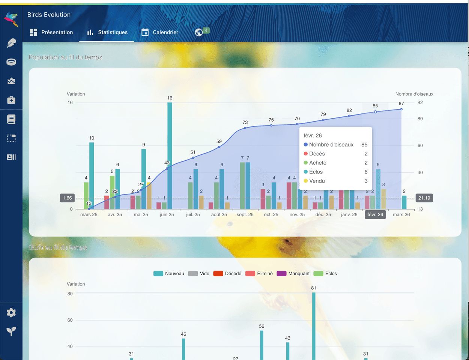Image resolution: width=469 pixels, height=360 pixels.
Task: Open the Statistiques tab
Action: pyautogui.click(x=107, y=33)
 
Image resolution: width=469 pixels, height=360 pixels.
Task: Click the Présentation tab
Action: pyautogui.click(x=51, y=33)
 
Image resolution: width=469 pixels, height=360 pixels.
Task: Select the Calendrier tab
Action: pyautogui.click(x=160, y=33)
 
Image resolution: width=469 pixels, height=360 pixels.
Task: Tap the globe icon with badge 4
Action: pyautogui.click(x=199, y=32)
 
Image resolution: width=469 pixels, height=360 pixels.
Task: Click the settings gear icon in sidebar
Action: pyautogui.click(x=11, y=313)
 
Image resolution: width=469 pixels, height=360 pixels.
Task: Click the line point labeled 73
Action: pyautogui.click(x=245, y=128)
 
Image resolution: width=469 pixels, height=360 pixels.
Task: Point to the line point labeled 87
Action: pyautogui.click(x=401, y=109)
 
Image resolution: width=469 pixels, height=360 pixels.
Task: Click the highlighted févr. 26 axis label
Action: pyautogui.click(x=375, y=215)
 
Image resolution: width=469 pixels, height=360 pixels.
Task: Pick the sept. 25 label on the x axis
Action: pyautogui.click(x=245, y=215)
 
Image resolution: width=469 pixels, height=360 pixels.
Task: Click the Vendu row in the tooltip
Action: pyautogui.click(x=317, y=181)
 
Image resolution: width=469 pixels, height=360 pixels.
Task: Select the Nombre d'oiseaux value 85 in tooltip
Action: pyautogui.click(x=364, y=145)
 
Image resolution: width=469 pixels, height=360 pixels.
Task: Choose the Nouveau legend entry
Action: pyautogui.click(x=169, y=274)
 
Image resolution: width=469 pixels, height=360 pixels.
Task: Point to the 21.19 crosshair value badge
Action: pyautogui.click(x=424, y=198)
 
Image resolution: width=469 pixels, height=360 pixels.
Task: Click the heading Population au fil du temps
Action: pyautogui.click(x=66, y=57)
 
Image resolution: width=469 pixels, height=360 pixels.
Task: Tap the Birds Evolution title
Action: pyautogui.click(x=49, y=15)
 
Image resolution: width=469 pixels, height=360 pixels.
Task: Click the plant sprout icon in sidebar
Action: pyautogui.click(x=11, y=331)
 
